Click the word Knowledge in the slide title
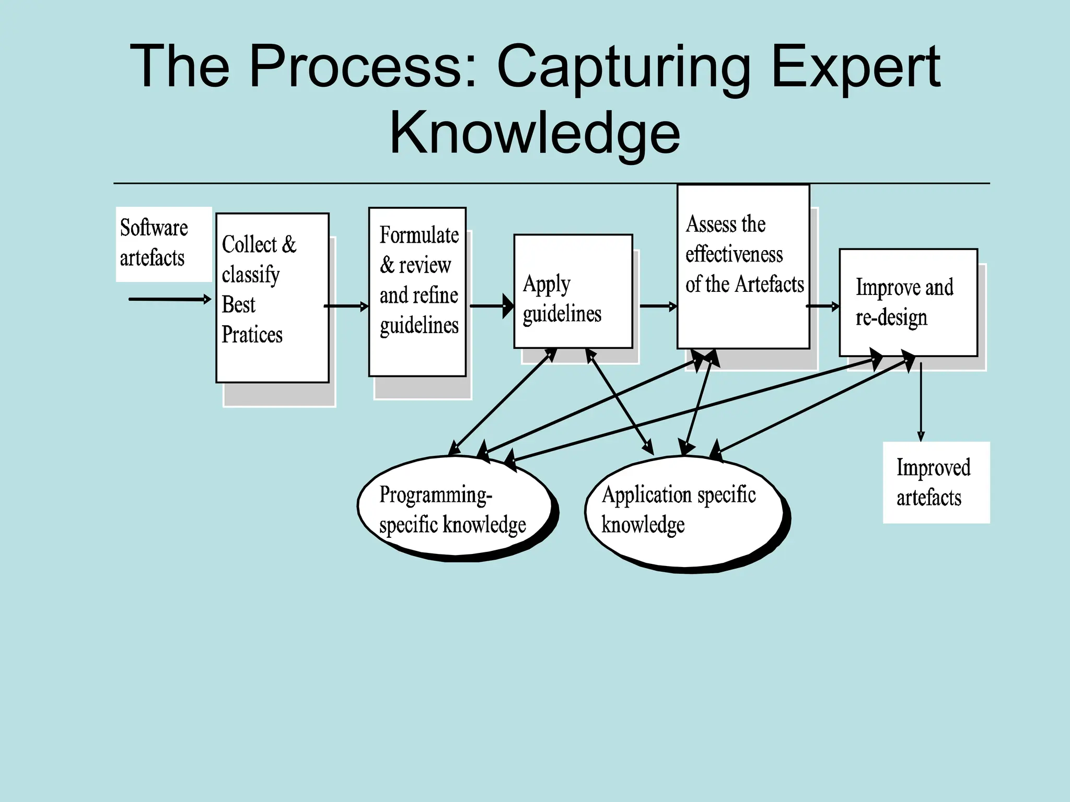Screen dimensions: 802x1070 (x=534, y=133)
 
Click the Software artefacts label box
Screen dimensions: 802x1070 (x=164, y=244)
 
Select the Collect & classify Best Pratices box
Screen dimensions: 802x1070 (x=272, y=297)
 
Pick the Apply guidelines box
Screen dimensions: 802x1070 (x=573, y=291)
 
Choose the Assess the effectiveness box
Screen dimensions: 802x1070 (x=743, y=266)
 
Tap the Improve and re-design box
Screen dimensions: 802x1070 (x=908, y=302)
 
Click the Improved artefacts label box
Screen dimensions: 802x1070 (x=936, y=482)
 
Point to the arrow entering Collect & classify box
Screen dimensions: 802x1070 (x=169, y=299)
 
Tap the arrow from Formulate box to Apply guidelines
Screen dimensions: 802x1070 (x=491, y=306)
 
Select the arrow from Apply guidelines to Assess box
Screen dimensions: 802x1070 (x=657, y=306)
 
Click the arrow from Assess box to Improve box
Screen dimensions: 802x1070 (x=823, y=306)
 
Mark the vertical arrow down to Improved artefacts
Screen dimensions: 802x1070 (x=921, y=402)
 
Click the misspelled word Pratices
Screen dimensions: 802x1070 (x=252, y=335)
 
